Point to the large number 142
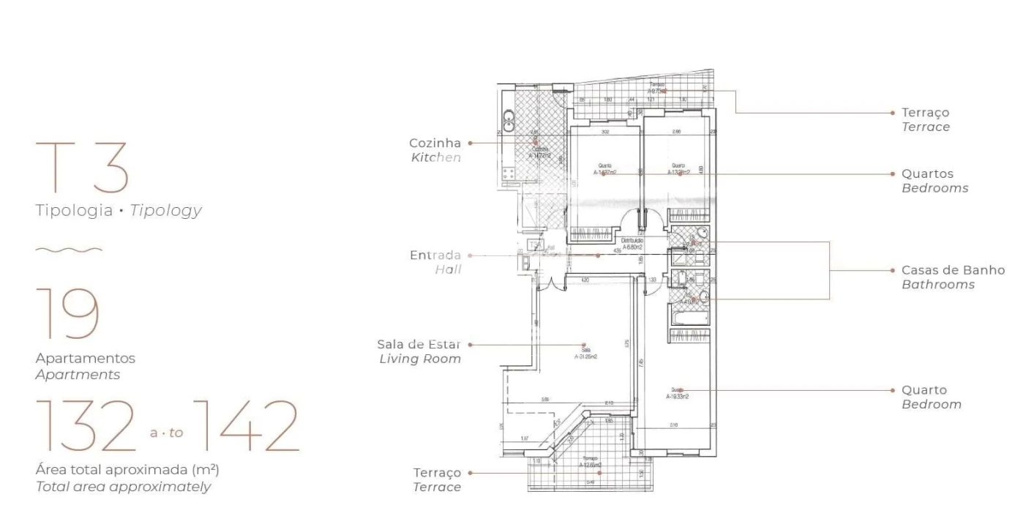pyautogui.click(x=249, y=427)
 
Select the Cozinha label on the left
pyautogui.click(x=435, y=143)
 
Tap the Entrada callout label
pyautogui.click(x=435, y=255)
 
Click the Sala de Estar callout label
pyautogui.click(x=419, y=344)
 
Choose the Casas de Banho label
pyautogui.click(x=953, y=270)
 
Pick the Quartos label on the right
pyautogui.click(x=927, y=174)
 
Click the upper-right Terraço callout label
pyautogui.click(x=925, y=113)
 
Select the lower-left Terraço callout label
pyautogui.click(x=437, y=473)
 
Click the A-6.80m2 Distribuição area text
pyautogui.click(x=632, y=247)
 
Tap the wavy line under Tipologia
pyautogui.click(x=69, y=250)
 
